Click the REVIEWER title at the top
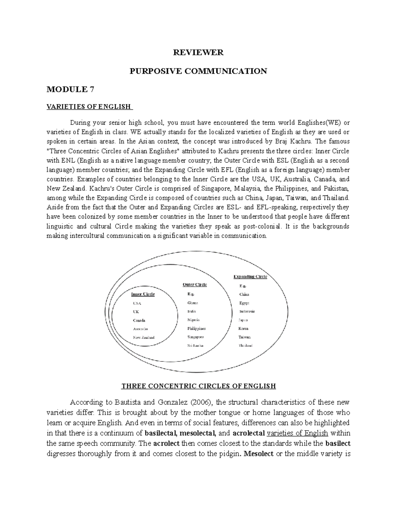(199, 52)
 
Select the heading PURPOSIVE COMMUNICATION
(199, 71)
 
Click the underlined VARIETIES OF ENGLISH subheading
(89, 107)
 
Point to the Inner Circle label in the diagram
(143, 294)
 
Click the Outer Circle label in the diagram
(195, 285)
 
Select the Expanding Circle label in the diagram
(250, 277)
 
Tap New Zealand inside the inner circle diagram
(144, 338)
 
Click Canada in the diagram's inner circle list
(139, 320)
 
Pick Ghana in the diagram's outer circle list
(193, 303)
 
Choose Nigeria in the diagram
(194, 320)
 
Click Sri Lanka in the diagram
(195, 346)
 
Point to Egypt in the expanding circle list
(244, 303)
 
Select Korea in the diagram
(243, 329)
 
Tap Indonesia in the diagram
(247, 311)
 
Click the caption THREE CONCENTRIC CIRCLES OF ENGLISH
(198, 386)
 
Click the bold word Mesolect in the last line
(258, 454)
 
